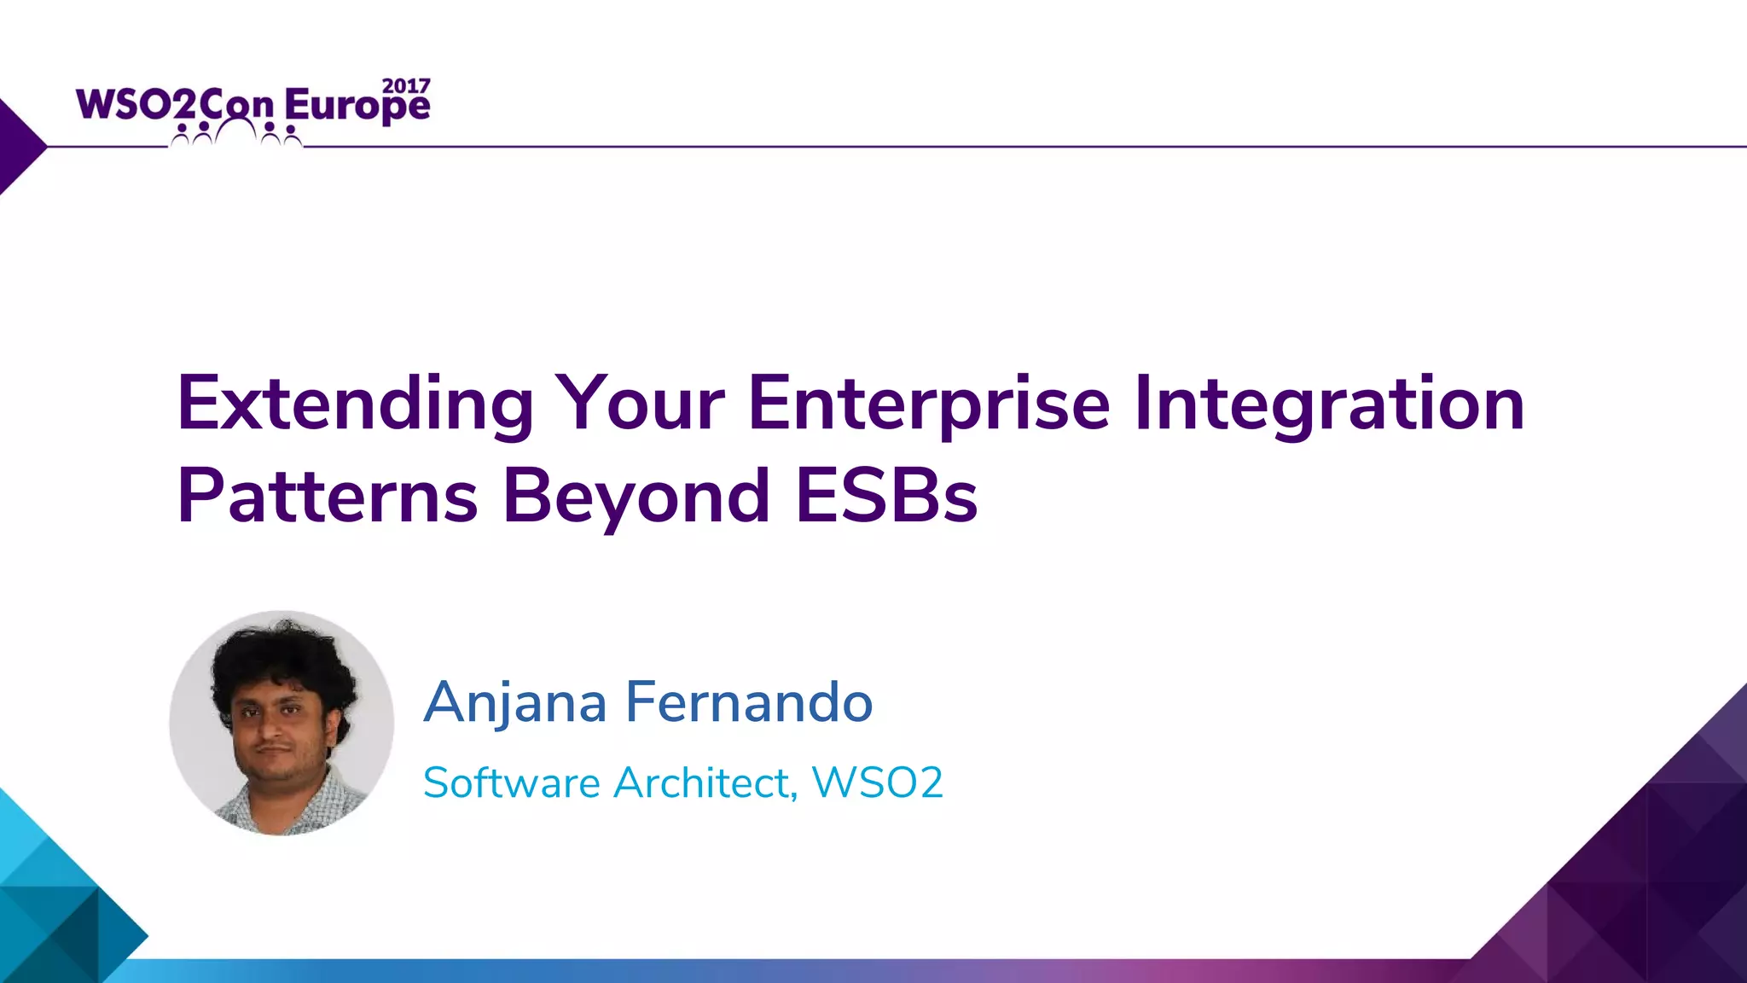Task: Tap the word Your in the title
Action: tap(640, 404)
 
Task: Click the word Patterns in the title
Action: tap(327, 497)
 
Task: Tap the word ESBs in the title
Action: tap(886, 497)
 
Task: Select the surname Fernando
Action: tap(749, 702)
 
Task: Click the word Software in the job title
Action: tap(512, 782)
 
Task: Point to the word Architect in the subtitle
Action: tap(705, 782)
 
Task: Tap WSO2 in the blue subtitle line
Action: tap(877, 782)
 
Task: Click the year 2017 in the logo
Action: tap(406, 86)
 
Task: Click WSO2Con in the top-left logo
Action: tap(175, 105)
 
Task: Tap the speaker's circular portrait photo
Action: tap(281, 723)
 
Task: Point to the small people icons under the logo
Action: tap(236, 133)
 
